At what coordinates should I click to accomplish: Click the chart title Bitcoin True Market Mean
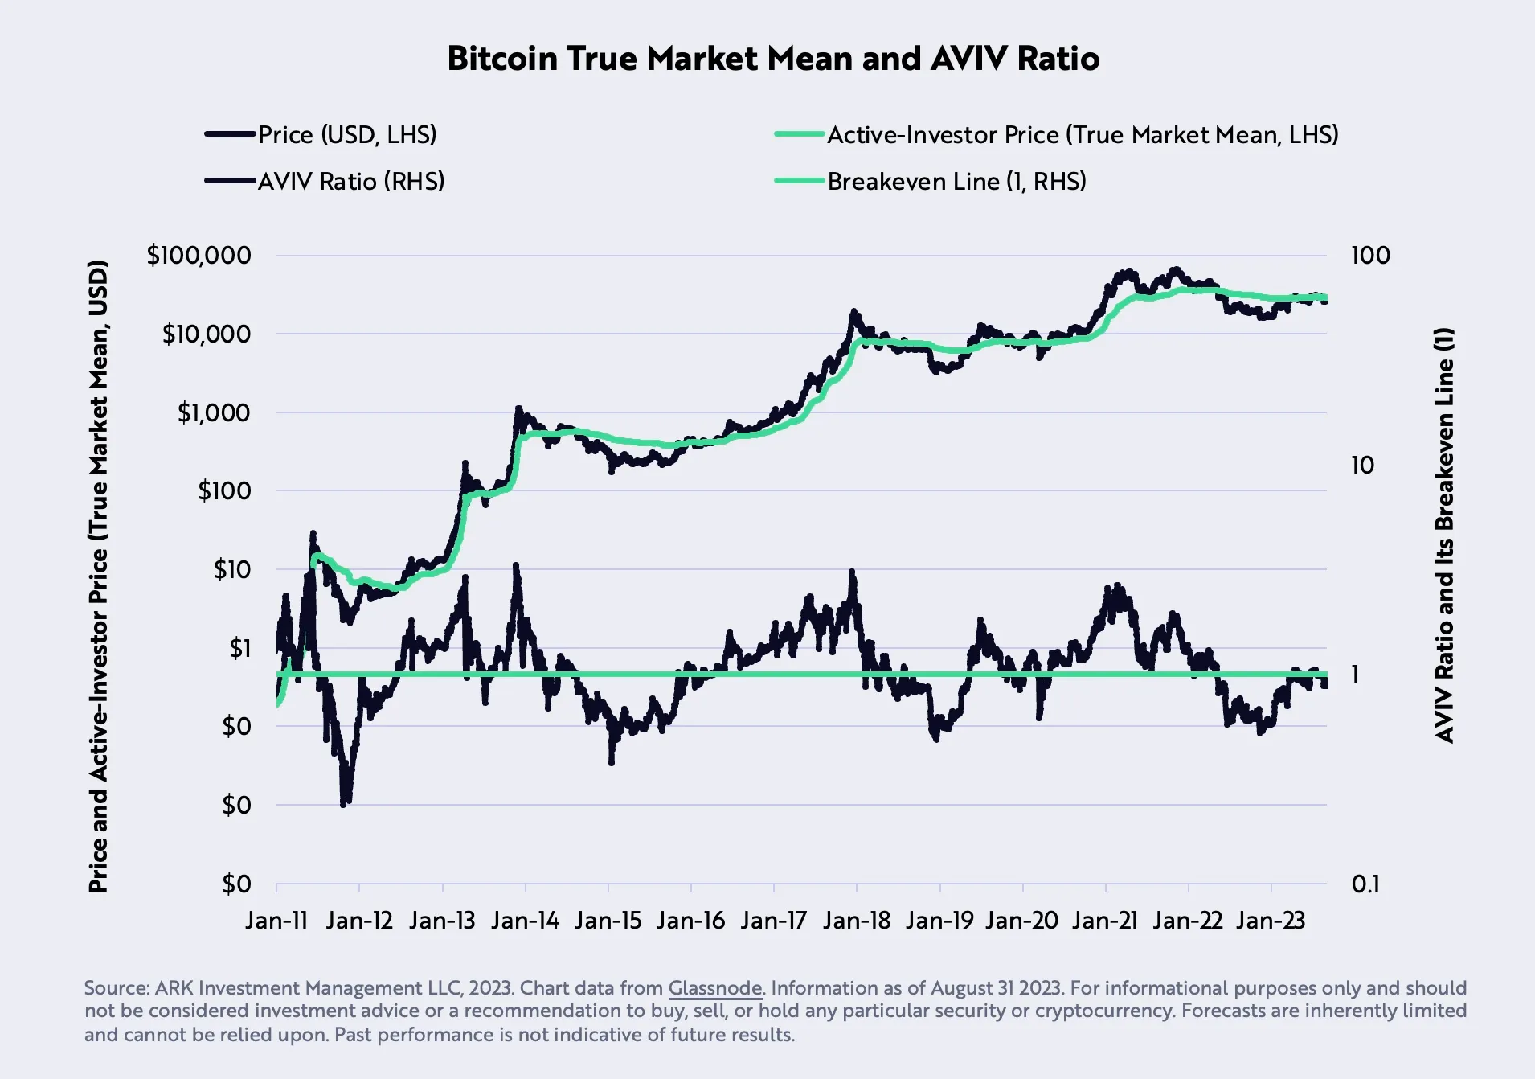tap(772, 59)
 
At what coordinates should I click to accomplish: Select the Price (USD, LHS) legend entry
tap(346, 134)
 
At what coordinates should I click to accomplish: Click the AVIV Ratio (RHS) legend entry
tap(350, 181)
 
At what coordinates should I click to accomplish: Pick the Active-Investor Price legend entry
tap(1082, 134)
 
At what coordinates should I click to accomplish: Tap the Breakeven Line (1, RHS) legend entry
tap(956, 181)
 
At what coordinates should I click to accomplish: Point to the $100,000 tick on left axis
tap(199, 256)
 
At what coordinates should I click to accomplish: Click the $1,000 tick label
tap(214, 412)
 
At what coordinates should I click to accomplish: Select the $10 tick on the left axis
tap(231, 569)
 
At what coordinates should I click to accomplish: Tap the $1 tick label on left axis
tap(239, 648)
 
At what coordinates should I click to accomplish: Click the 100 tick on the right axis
tap(1369, 256)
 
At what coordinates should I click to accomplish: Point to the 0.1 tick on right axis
tap(1365, 884)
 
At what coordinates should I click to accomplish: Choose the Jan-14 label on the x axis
tap(525, 921)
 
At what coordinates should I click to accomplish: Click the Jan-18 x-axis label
tap(856, 921)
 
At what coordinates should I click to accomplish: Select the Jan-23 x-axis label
tap(1270, 921)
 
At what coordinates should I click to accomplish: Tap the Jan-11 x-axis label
tap(276, 921)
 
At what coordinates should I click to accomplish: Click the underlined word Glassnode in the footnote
tap(714, 988)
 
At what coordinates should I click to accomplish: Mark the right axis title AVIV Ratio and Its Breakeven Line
tap(1444, 535)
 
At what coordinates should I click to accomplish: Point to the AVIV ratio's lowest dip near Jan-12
tap(344, 802)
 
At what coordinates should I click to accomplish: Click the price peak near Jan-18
tap(853, 311)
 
